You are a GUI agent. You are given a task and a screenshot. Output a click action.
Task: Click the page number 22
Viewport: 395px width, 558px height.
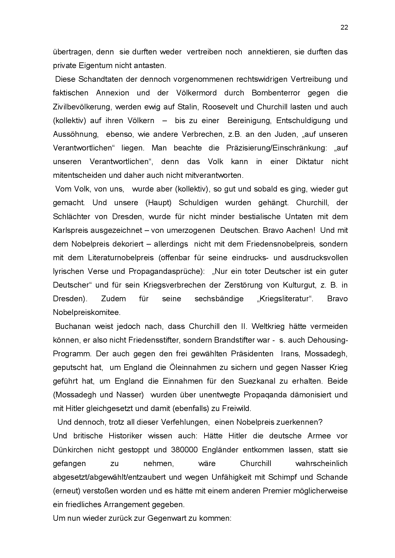pyautogui.click(x=344, y=27)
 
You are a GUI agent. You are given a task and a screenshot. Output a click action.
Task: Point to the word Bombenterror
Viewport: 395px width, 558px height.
pyautogui.click(x=276, y=93)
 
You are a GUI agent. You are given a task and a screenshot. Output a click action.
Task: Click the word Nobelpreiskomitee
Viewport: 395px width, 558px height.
pyautogui.click(x=87, y=312)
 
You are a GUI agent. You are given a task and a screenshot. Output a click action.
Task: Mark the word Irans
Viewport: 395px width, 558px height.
pyautogui.click(x=291, y=354)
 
